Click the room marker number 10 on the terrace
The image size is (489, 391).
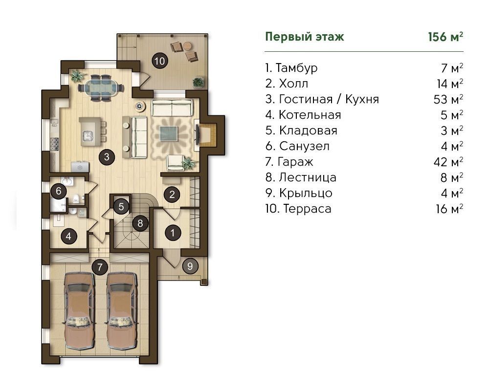(x=160, y=61)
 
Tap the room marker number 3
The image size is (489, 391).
(x=107, y=156)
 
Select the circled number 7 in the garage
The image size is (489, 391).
(x=100, y=267)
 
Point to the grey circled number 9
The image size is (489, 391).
(x=190, y=266)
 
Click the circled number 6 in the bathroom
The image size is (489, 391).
(x=58, y=191)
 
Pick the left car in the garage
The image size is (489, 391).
(x=79, y=311)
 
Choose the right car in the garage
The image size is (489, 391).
(x=122, y=311)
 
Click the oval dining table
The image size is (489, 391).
(x=101, y=87)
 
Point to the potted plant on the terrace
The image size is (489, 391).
(x=198, y=82)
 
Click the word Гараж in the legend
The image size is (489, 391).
(x=295, y=162)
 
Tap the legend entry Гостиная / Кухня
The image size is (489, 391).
(x=329, y=99)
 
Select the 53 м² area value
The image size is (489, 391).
(x=448, y=99)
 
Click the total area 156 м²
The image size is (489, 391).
(x=445, y=37)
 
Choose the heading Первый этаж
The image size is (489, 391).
(x=304, y=37)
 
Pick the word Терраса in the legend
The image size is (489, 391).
(x=307, y=209)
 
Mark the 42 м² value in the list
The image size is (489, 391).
(x=448, y=162)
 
